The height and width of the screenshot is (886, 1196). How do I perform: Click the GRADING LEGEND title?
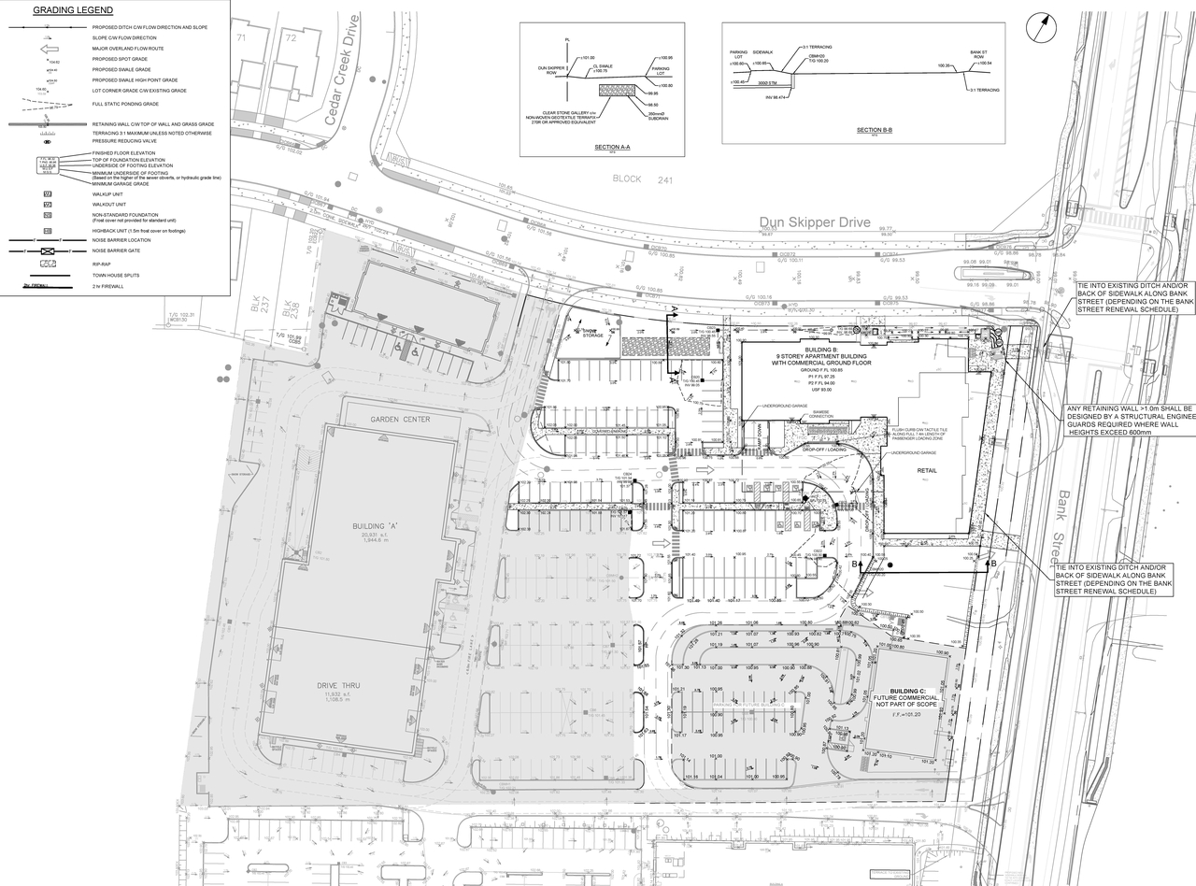(73, 10)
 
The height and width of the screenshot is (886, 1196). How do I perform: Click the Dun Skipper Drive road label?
(814, 223)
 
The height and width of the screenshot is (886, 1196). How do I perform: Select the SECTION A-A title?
(612, 147)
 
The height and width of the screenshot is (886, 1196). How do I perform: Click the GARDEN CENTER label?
(399, 420)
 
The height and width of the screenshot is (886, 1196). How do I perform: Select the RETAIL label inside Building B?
(927, 470)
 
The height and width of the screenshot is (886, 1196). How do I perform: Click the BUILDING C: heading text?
(906, 691)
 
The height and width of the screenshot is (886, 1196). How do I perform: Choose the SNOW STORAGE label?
(593, 332)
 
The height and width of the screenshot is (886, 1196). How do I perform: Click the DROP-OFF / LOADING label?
(823, 450)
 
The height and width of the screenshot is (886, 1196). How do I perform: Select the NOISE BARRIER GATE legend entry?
(115, 251)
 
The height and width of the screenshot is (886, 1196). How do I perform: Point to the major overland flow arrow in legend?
(50, 49)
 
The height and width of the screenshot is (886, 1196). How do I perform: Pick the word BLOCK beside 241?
(627, 179)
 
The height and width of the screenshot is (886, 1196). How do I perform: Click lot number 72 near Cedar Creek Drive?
(291, 38)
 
